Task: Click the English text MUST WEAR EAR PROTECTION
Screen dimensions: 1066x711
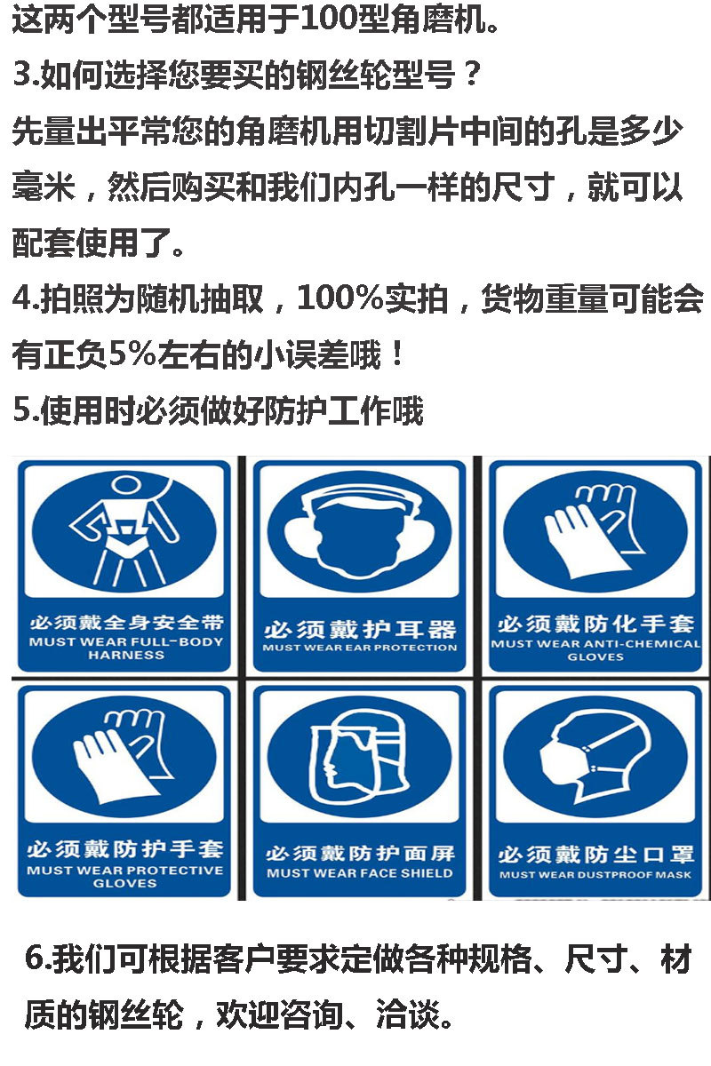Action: (x=360, y=648)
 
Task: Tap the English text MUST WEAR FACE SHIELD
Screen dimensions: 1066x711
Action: (x=360, y=873)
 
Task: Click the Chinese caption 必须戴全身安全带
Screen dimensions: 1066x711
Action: (x=125, y=622)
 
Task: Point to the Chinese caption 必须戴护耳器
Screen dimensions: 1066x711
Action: (x=360, y=630)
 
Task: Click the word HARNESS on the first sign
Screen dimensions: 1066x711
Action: (x=125, y=656)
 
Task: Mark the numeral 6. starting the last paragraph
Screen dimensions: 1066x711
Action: (x=36, y=959)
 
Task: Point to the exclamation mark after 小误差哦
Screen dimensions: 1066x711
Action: (x=397, y=357)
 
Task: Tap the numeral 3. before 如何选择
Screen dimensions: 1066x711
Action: (x=23, y=76)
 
